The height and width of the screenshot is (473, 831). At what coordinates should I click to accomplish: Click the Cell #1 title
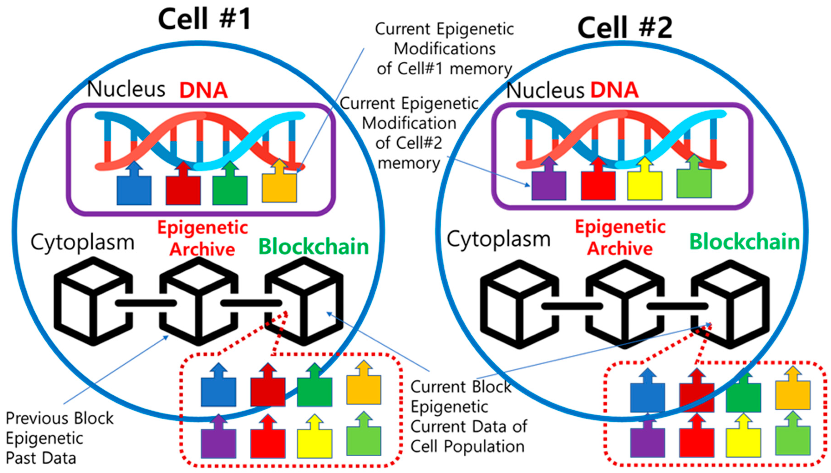click(205, 19)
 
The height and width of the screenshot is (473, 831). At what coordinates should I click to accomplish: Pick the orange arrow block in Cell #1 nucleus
click(279, 180)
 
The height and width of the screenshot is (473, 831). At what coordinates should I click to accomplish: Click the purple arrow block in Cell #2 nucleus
click(549, 178)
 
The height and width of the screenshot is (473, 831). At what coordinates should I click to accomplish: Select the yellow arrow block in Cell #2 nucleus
click(645, 178)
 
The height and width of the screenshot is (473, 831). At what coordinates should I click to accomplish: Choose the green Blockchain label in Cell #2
click(744, 242)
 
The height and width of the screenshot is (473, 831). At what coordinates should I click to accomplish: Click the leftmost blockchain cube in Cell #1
click(93, 301)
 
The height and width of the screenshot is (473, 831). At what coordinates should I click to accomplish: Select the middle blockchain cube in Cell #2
click(625, 304)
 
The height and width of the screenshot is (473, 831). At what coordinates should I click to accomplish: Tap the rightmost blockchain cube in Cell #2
click(730, 304)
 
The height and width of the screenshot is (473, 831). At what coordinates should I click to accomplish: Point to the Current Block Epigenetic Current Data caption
click(469, 417)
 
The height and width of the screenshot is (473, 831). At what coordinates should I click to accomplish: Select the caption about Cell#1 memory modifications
click(444, 49)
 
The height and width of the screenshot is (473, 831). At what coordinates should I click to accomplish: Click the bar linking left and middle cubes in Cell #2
click(572, 306)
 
